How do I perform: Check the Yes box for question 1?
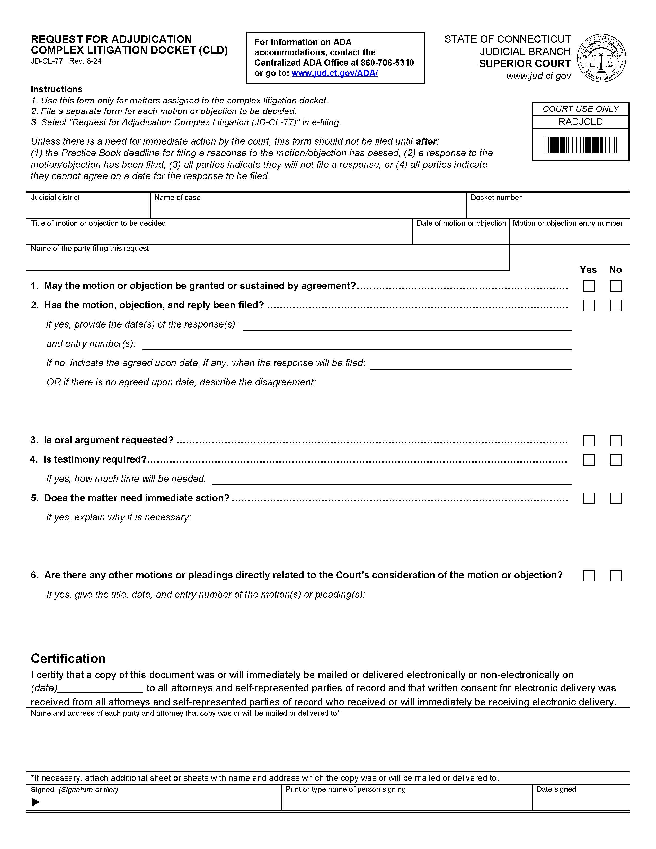(589, 286)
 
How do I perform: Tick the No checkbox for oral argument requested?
(616, 440)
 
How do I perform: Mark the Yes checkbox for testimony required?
(589, 460)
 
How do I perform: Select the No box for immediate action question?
(616, 498)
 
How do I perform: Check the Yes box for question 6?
(589, 575)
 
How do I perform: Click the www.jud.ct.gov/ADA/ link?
(335, 73)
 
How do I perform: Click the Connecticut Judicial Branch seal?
(601, 58)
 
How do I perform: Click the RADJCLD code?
(581, 122)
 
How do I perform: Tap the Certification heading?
(68, 659)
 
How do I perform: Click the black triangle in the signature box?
(35, 802)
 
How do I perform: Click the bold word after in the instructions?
(426, 141)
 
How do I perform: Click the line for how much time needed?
(391, 480)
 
